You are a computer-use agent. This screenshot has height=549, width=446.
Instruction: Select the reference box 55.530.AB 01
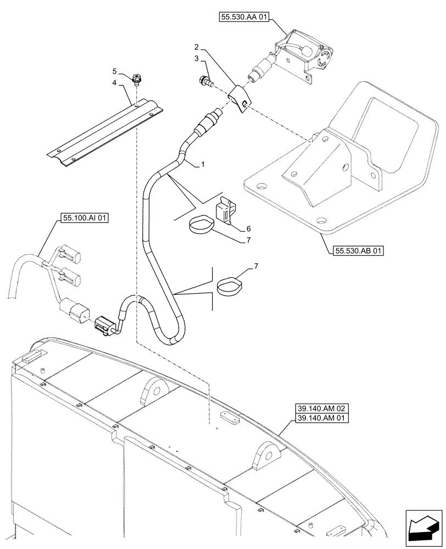click(358, 251)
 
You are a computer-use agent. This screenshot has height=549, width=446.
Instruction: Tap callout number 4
click(115, 83)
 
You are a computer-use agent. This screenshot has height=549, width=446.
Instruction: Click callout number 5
click(115, 71)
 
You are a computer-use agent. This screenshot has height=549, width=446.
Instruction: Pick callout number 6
click(248, 227)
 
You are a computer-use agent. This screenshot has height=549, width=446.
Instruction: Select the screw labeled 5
click(136, 80)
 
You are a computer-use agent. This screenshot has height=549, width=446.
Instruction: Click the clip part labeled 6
click(225, 210)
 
